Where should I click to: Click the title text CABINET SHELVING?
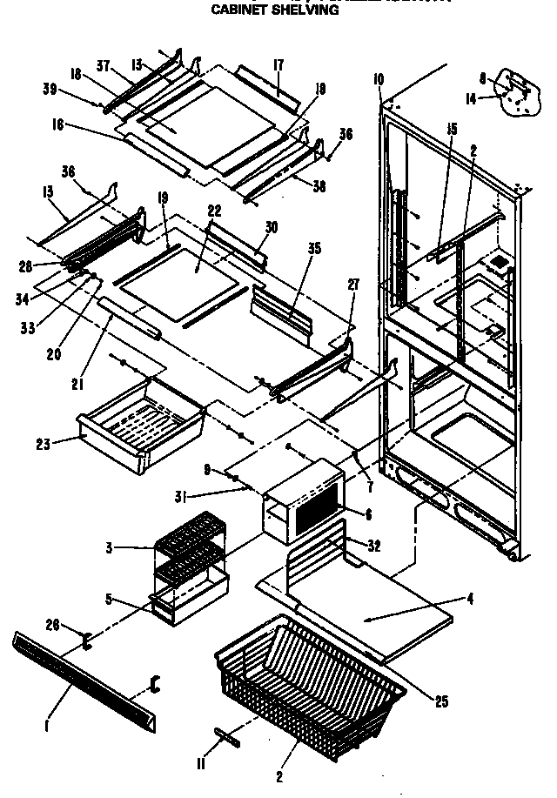263,11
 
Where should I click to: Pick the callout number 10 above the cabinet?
378,80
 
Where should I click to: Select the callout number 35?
313,248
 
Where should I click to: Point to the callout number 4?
469,598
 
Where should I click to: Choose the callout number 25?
441,701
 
